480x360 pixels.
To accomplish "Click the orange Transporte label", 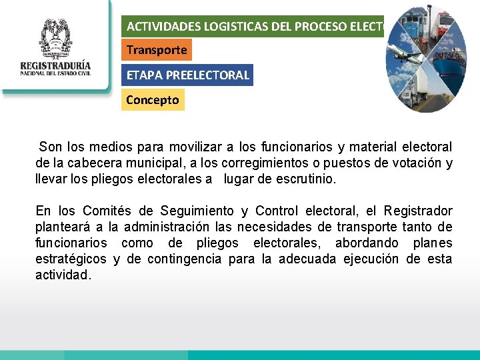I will [157, 50].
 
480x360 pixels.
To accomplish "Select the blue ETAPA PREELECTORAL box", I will [188, 75].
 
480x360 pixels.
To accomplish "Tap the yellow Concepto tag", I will [153, 100].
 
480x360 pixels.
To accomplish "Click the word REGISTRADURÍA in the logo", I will [55, 67].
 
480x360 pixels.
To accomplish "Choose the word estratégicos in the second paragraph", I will [71, 259].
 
